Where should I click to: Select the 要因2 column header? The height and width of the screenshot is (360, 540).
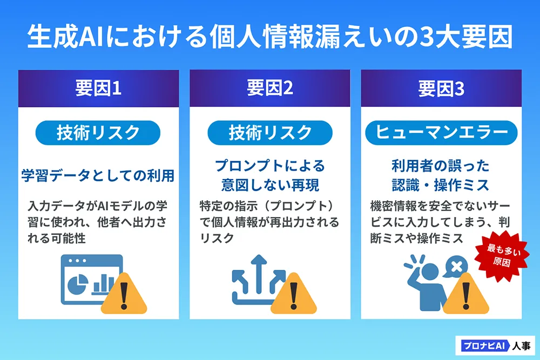[x=269, y=89]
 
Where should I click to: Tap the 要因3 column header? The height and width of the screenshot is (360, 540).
[x=441, y=89]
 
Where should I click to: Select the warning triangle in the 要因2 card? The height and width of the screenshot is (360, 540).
[x=294, y=294]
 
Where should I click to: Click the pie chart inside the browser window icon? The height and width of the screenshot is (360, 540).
[x=79, y=284]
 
